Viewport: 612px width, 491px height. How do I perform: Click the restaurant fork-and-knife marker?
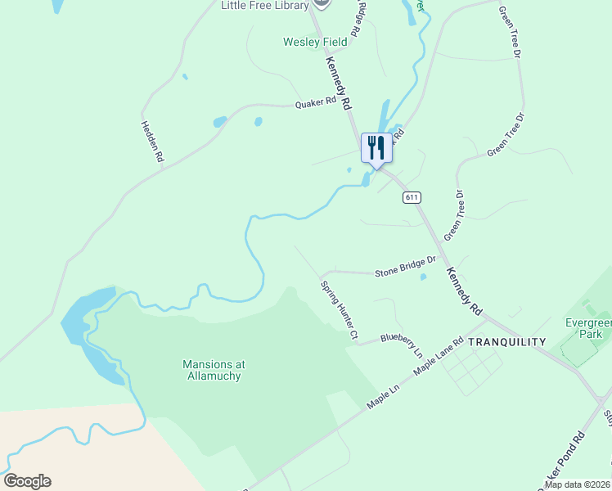[376, 148]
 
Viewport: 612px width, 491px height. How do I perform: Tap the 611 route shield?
[412, 197]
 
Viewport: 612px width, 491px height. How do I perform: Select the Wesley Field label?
[315, 42]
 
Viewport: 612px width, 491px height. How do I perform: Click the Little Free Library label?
[264, 6]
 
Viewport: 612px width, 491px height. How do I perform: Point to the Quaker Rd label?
[316, 103]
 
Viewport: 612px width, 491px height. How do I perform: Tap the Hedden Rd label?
[152, 142]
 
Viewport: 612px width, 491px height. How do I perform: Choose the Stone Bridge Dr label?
[405, 268]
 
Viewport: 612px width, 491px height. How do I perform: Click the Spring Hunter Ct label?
[340, 311]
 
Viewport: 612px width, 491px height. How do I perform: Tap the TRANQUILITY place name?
[506, 342]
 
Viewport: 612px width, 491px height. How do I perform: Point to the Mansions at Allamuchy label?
[214, 370]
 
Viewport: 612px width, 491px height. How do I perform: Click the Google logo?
[27, 481]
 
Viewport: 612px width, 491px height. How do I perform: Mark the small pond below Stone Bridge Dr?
[422, 277]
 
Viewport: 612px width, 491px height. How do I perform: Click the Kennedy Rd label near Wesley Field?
[338, 83]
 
